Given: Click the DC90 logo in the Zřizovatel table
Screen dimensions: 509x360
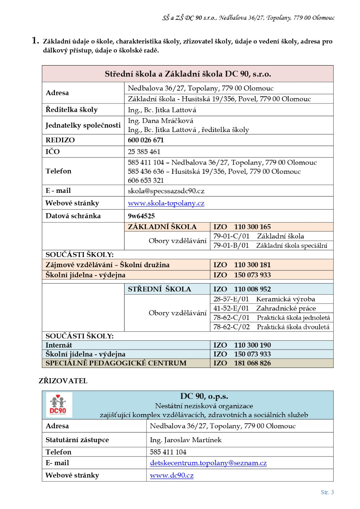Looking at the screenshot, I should click(59, 405).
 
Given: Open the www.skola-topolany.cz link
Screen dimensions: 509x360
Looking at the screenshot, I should click(166, 203).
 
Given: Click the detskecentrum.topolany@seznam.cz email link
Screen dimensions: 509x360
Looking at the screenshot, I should click(208, 463).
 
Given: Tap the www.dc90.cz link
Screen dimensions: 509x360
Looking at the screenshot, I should click(171, 476).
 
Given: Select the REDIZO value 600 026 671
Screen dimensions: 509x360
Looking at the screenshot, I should click(146, 140).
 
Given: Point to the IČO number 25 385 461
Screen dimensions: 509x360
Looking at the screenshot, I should click(144, 152).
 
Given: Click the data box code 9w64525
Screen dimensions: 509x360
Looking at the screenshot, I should click(141, 216).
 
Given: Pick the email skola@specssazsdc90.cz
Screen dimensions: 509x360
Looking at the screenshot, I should click(166, 191).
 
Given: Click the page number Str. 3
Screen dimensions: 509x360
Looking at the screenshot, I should click(327, 492).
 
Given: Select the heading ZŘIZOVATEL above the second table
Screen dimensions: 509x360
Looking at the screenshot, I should click(63, 381).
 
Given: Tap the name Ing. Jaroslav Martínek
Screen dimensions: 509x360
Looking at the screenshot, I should click(185, 440).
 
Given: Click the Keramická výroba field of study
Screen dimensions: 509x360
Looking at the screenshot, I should click(285, 299).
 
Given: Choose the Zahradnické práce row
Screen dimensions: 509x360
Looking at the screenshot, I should click(286, 308).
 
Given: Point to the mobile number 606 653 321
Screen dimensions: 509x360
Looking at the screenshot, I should click(146, 180).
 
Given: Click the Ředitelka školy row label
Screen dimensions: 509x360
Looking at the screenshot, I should click(72, 110).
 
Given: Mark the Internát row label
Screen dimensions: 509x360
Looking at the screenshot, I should click(59, 345).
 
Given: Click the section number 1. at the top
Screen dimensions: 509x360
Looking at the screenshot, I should click(35, 41).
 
